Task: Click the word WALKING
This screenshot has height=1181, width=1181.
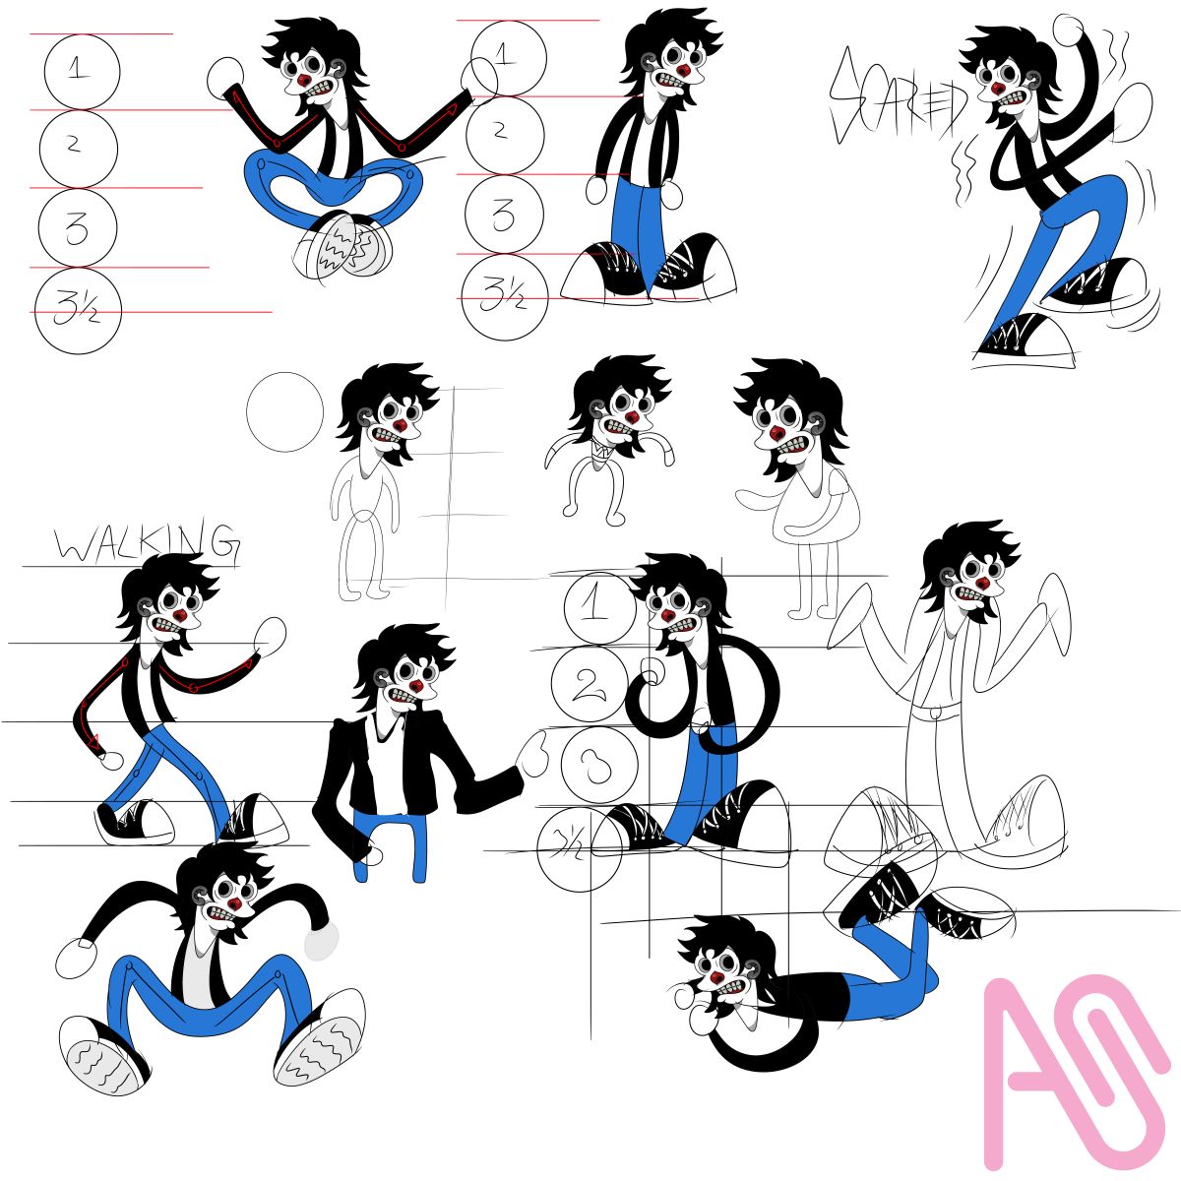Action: [x=147, y=542]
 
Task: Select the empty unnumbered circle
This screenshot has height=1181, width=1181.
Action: [x=284, y=411]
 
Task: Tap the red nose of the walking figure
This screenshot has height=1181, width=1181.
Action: [x=180, y=614]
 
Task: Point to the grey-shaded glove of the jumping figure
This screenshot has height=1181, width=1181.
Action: [x=321, y=940]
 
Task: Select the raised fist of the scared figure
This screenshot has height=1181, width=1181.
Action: [x=1069, y=30]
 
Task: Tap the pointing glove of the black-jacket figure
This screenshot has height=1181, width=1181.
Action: [x=531, y=755]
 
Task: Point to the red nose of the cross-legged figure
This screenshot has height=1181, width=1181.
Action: [x=304, y=81]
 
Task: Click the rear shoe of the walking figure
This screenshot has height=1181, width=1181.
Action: [x=135, y=820]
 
